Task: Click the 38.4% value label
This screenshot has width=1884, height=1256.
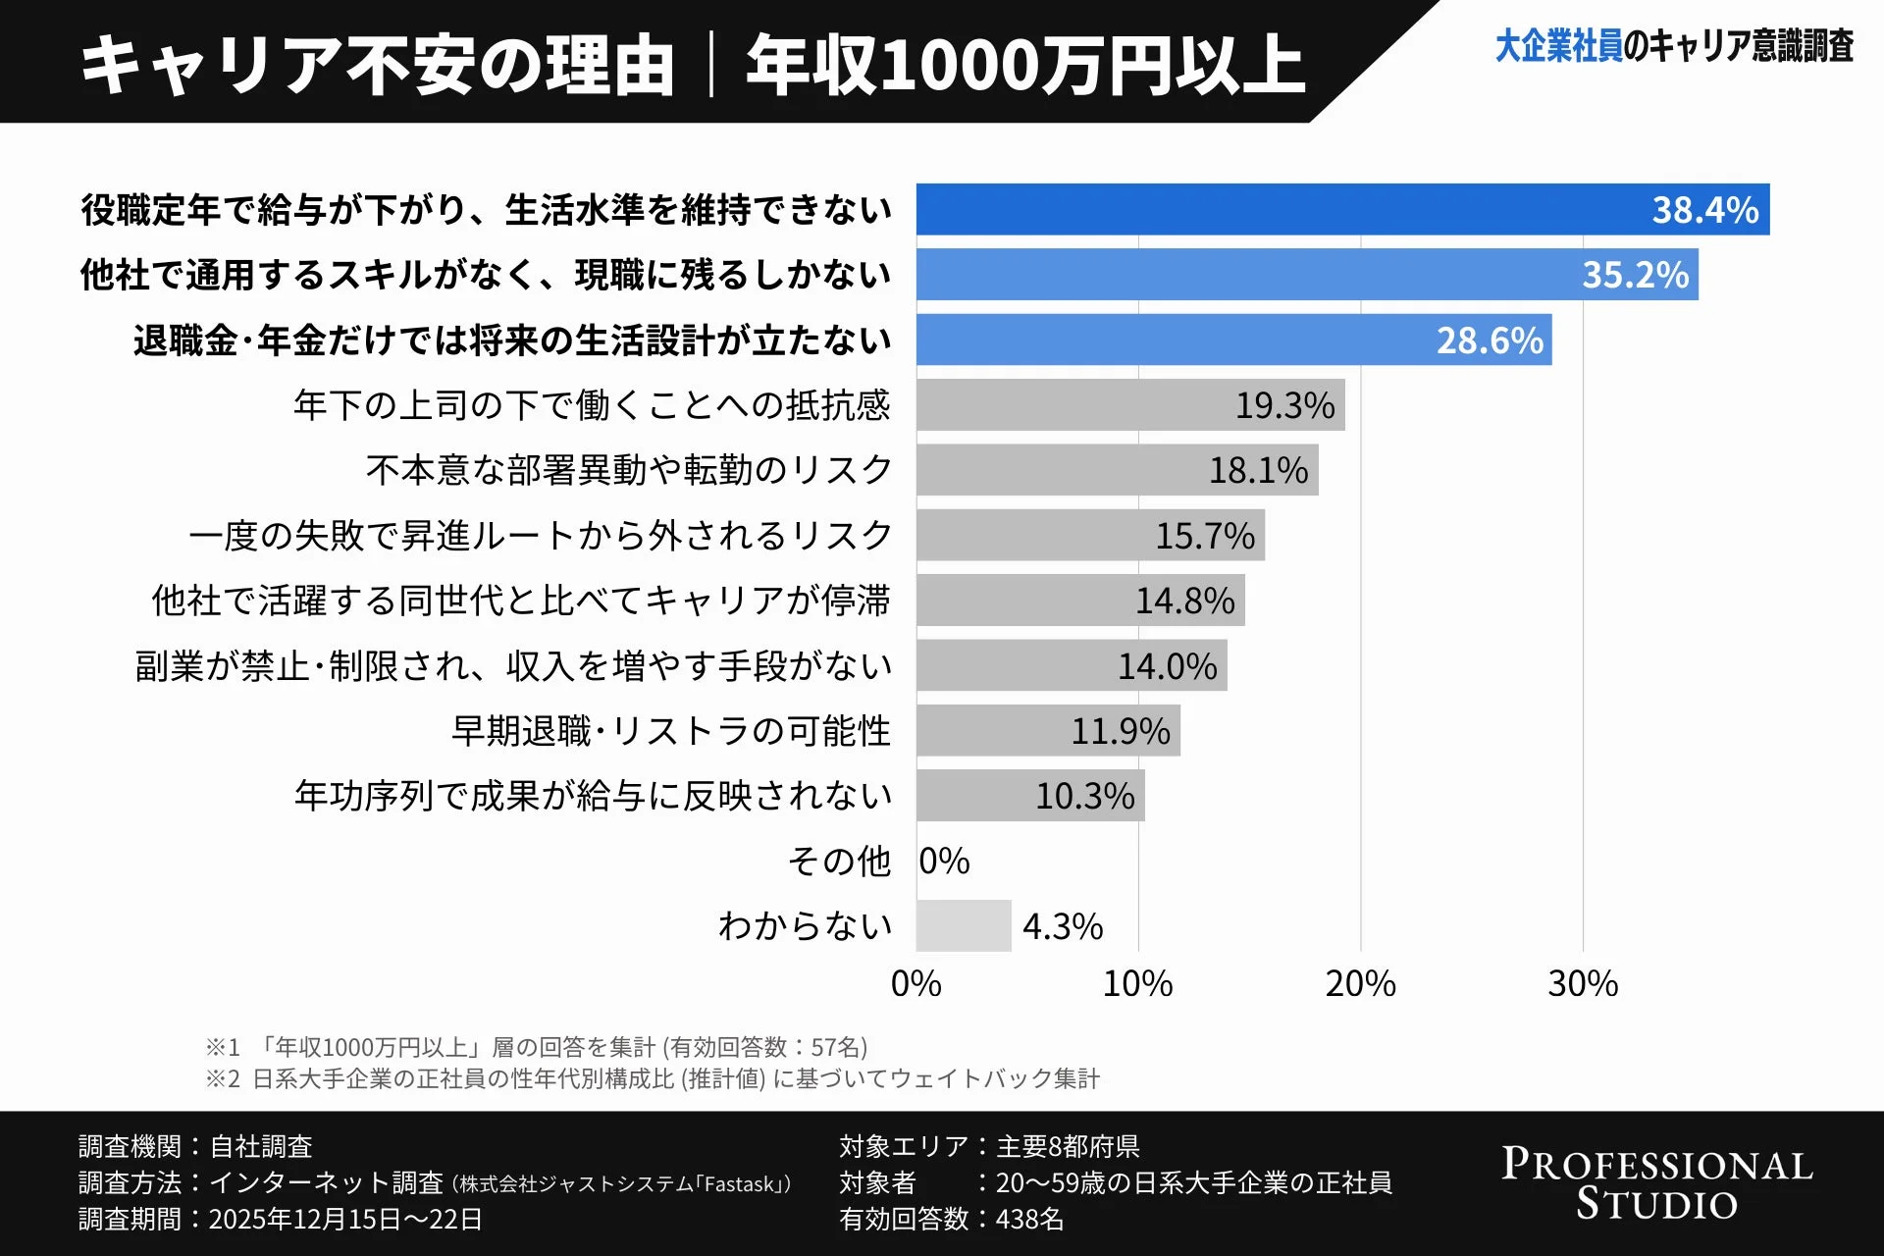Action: pyautogui.click(x=1704, y=210)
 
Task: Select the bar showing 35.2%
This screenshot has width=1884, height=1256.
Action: pyautogui.click(x=1305, y=275)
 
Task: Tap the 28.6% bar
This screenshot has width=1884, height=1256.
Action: pyautogui.click(x=1232, y=340)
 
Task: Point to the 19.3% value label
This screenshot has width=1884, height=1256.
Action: pyautogui.click(x=1283, y=405)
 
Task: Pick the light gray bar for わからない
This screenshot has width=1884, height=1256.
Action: pyautogui.click(x=963, y=925)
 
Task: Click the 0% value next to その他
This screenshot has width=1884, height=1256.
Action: pyautogui.click(x=944, y=862)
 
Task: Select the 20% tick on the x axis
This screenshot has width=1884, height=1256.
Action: pyautogui.click(x=1360, y=983)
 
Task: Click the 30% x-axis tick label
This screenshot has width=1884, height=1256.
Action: pyautogui.click(x=1582, y=983)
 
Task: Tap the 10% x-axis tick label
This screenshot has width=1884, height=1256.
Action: pyautogui.click(x=1137, y=983)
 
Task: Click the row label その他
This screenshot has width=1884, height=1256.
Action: pyautogui.click(x=839, y=862)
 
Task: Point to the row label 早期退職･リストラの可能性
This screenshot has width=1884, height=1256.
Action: pyautogui.click(x=670, y=731)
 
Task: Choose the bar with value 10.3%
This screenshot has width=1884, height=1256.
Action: pyautogui.click(x=1030, y=796)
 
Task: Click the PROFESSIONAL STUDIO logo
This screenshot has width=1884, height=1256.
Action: pyautogui.click(x=1656, y=1183)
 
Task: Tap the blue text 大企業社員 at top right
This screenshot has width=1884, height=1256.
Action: pyautogui.click(x=1557, y=46)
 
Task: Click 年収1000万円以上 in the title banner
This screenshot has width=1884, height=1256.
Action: pyautogui.click(x=1024, y=66)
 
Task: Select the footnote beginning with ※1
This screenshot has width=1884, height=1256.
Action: pyautogui.click(x=536, y=1047)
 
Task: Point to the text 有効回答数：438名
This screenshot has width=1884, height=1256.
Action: pyautogui.click(x=951, y=1219)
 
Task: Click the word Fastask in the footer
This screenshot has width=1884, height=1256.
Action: pyautogui.click(x=740, y=1184)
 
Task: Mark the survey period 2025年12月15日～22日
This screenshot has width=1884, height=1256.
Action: pyautogui.click(x=345, y=1219)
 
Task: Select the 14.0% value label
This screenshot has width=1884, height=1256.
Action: pyautogui.click(x=1166, y=666)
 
